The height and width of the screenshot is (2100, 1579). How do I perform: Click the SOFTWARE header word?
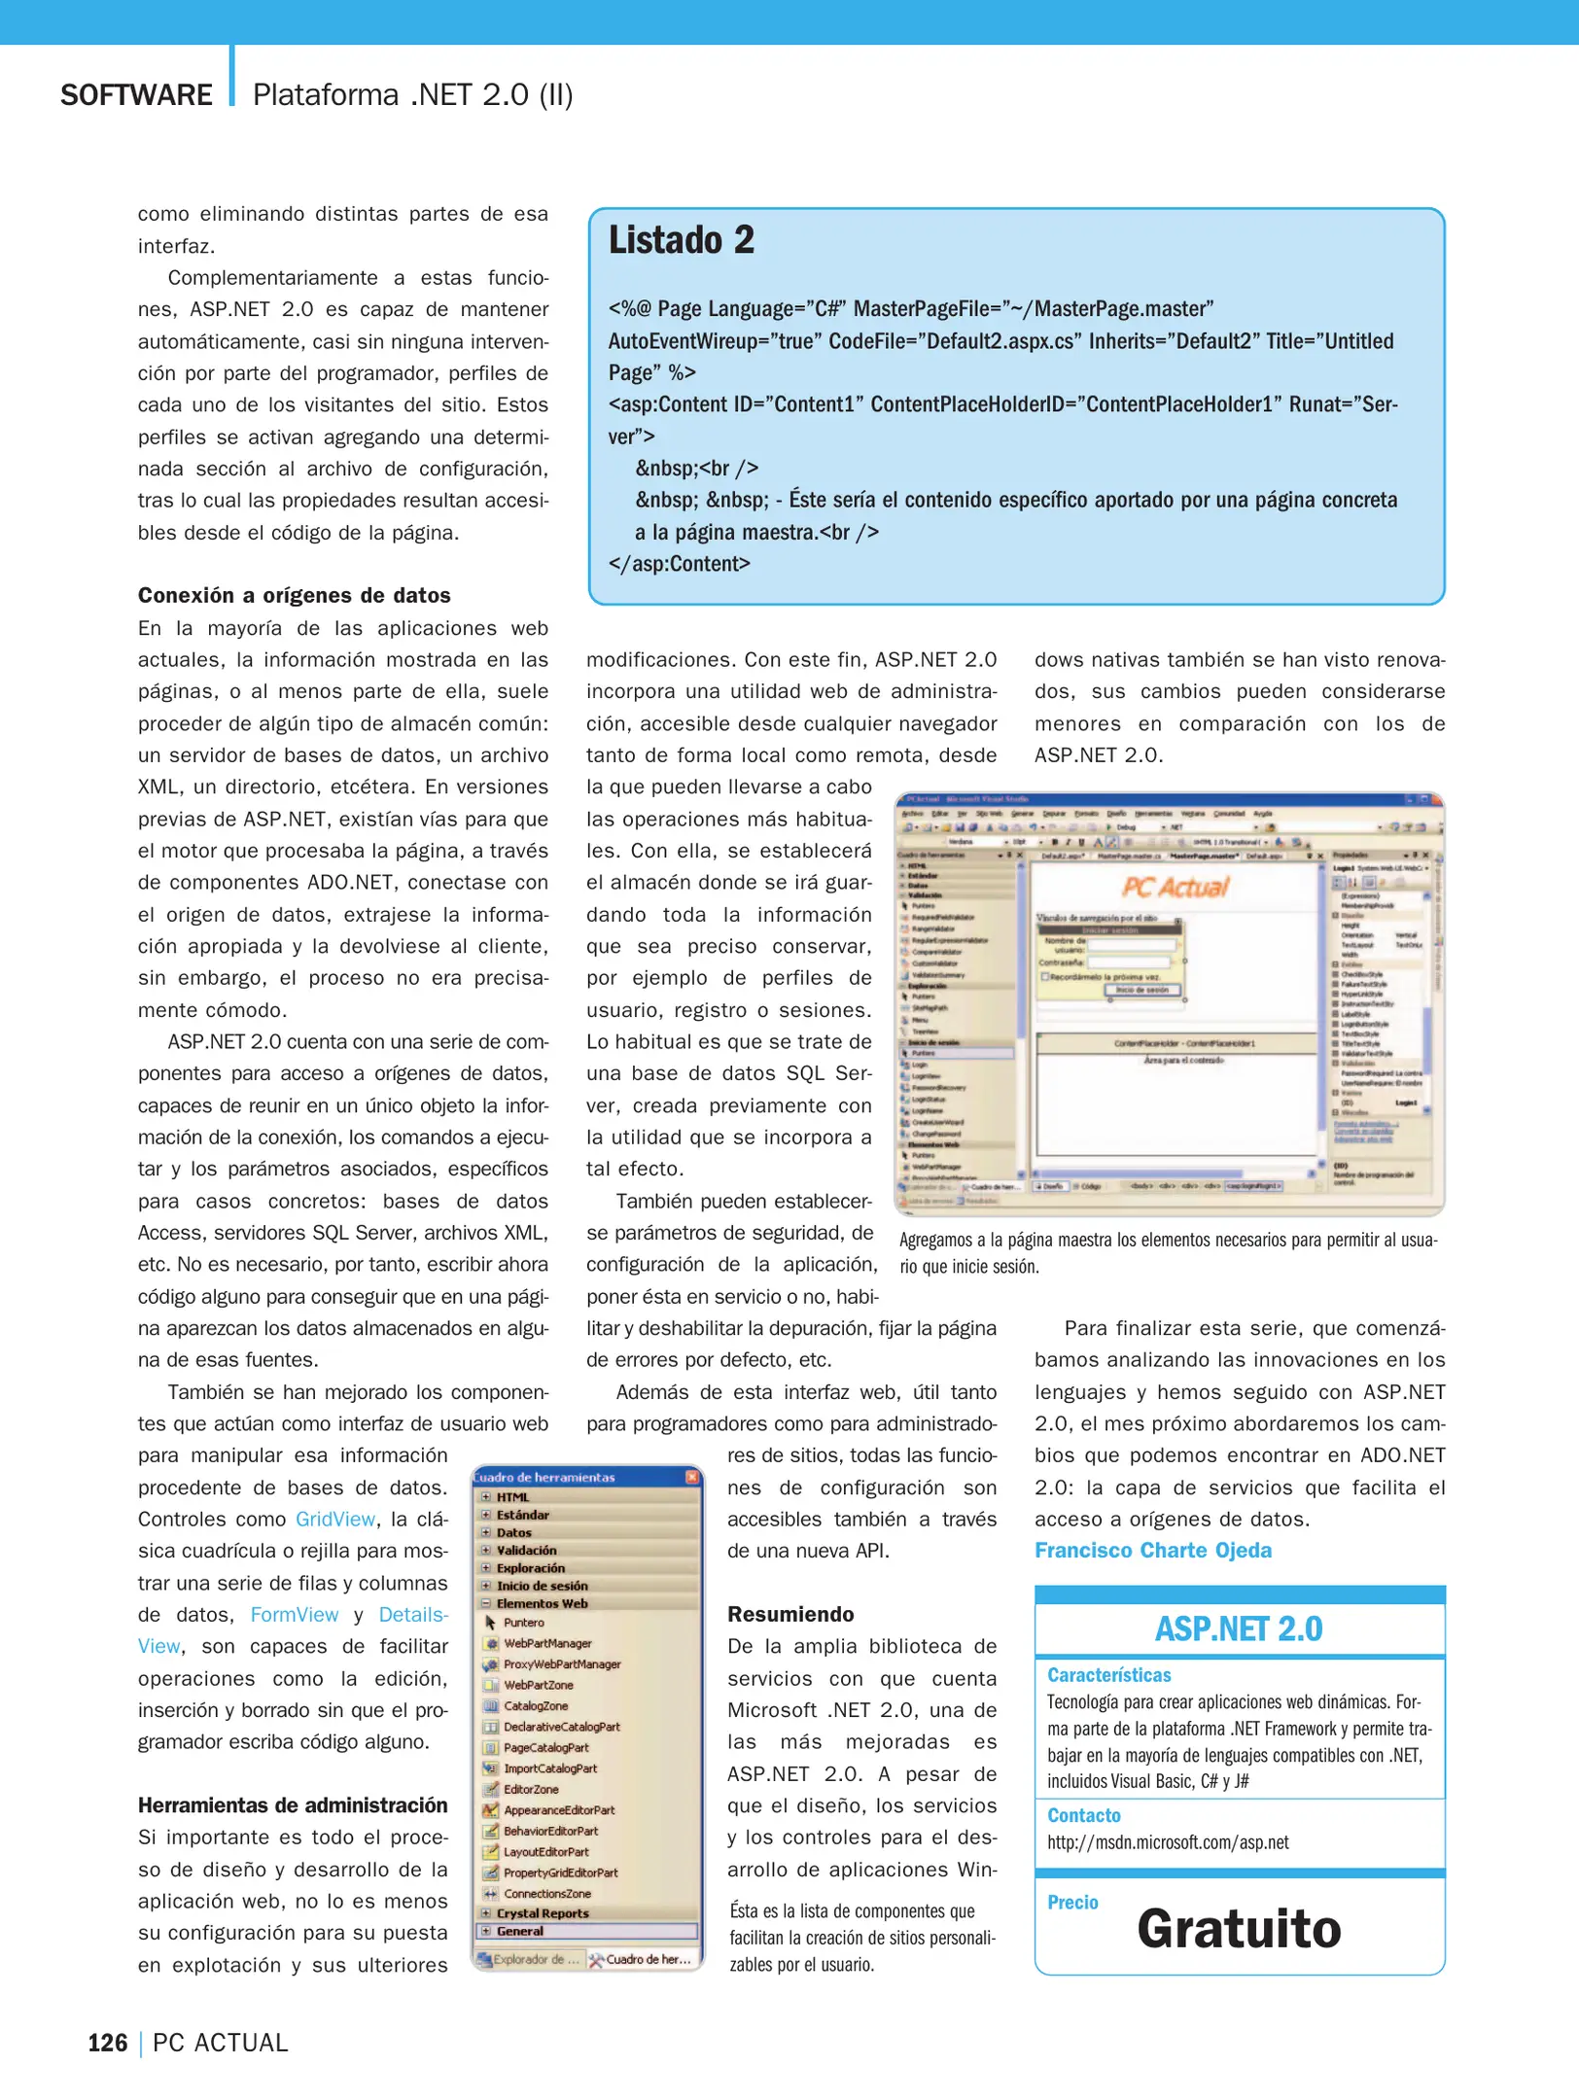136,95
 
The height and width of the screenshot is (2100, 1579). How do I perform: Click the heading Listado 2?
681,240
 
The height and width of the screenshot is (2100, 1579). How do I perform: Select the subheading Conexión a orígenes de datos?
294,595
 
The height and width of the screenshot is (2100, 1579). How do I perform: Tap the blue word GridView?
335,1519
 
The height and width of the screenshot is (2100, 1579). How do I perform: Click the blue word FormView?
294,1614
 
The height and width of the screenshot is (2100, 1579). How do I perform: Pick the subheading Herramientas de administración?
293,1804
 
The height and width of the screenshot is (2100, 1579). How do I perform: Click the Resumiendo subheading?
790,1614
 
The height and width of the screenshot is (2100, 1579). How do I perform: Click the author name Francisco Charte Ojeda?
1152,1550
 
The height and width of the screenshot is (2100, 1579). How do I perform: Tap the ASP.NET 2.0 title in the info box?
1238,1628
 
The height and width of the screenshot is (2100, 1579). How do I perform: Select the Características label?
1108,1674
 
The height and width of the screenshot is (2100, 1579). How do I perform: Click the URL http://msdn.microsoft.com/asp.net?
1167,1841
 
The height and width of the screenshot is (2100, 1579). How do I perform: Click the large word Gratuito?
1238,1929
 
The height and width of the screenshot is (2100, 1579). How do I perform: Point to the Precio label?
1072,1902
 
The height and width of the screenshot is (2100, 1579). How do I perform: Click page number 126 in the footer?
108,2043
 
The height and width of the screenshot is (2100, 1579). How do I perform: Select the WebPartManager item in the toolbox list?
547,1643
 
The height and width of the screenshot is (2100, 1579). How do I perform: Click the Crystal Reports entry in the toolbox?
543,1912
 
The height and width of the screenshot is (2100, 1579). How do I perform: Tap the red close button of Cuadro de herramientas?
692,1477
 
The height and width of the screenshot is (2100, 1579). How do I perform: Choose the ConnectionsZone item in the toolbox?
546,1893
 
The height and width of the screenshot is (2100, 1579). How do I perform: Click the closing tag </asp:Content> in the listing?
679,564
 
